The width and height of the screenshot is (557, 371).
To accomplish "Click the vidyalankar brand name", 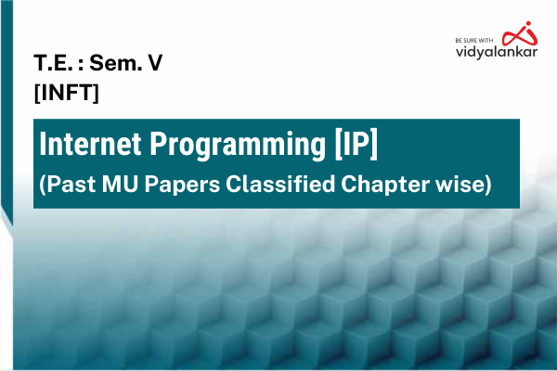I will click(x=494, y=54).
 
